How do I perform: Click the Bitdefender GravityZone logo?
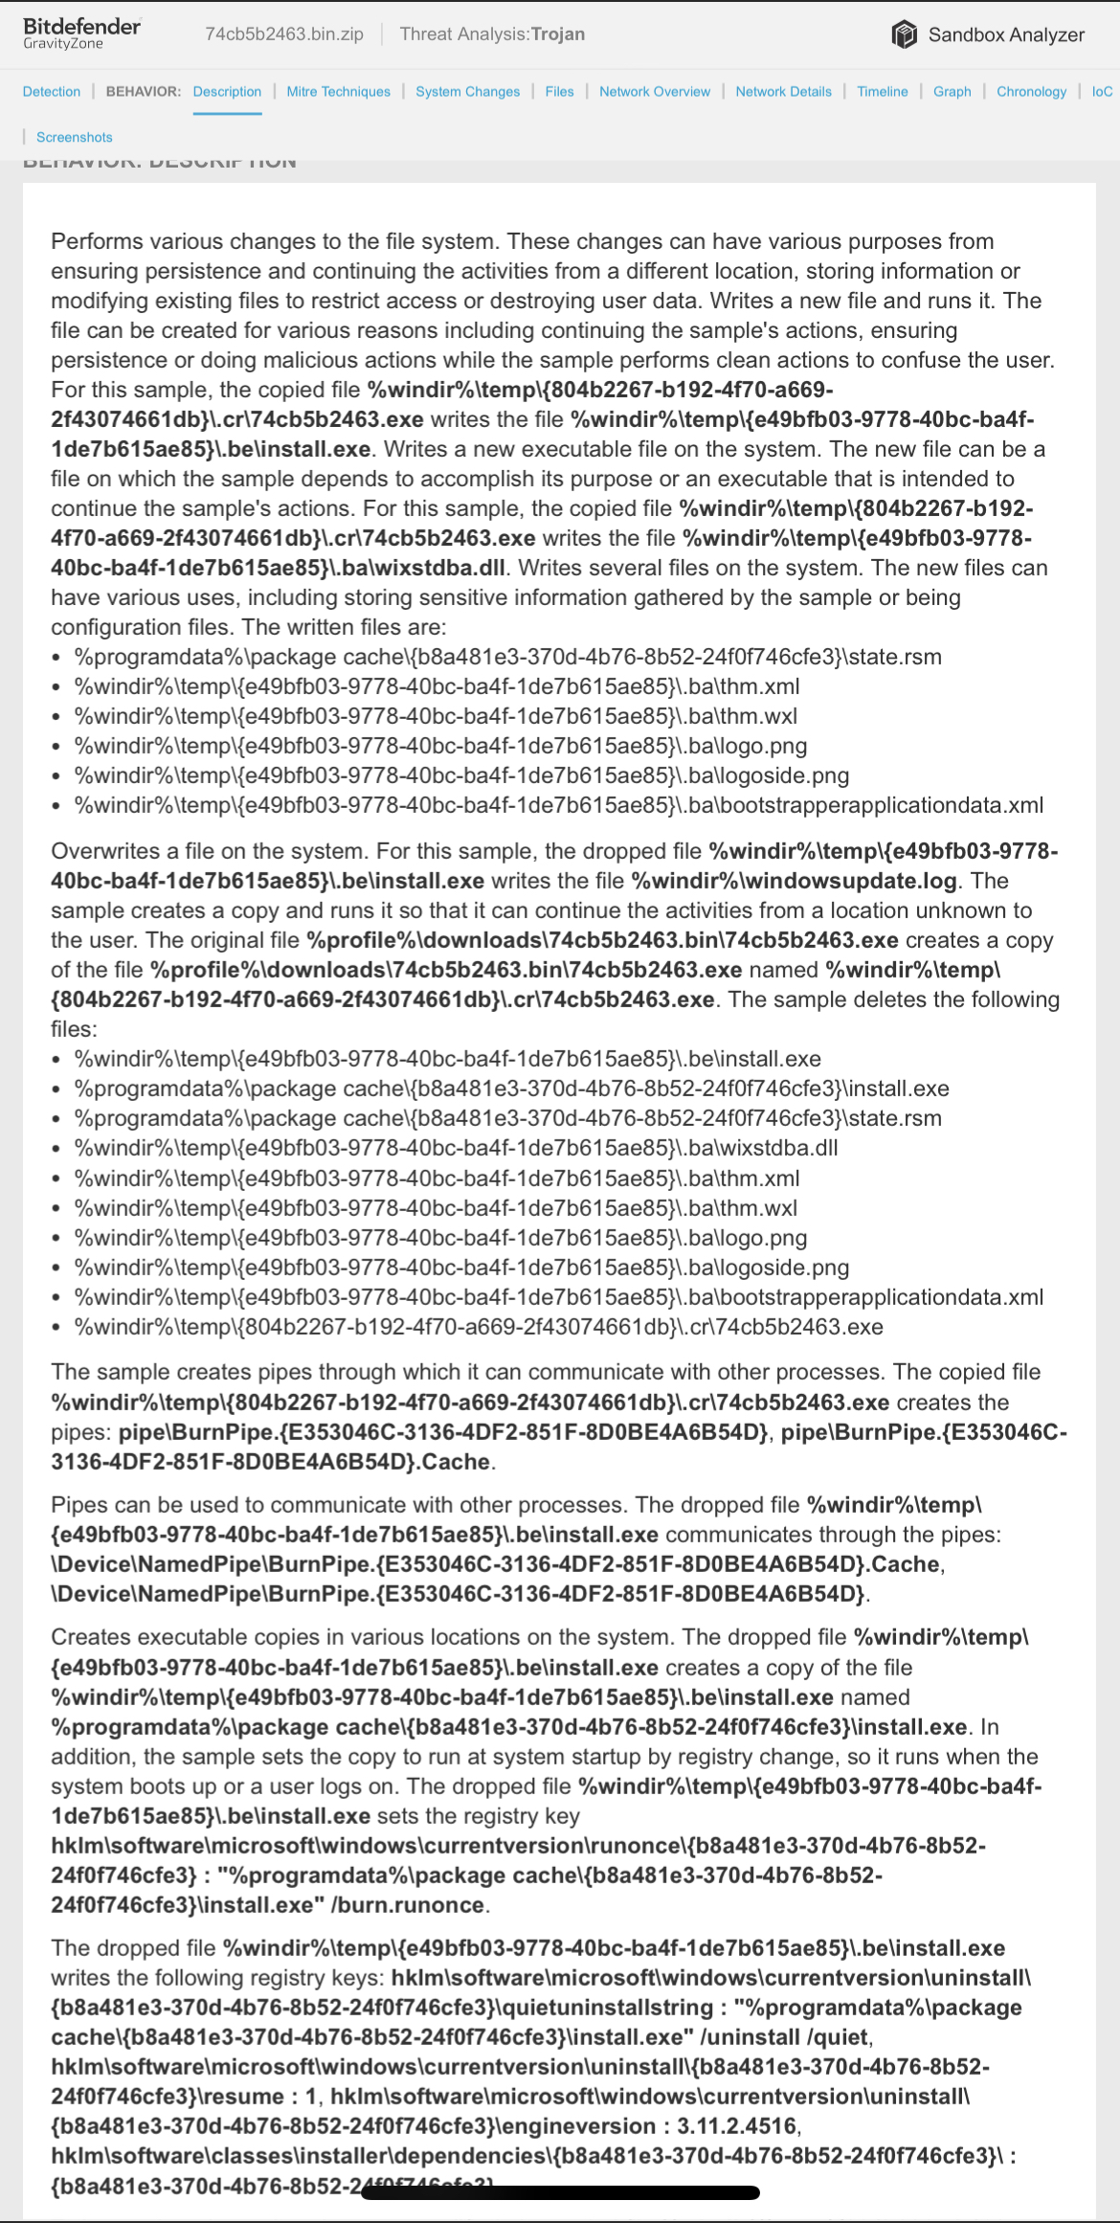pos(81,34)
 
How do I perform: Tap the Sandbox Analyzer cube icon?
pos(904,34)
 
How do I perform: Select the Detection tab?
pos(52,92)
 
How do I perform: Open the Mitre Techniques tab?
pos(338,92)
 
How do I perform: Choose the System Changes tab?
pos(467,92)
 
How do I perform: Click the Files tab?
pos(559,92)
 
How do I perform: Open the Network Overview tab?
pos(655,92)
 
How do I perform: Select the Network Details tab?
pos(783,92)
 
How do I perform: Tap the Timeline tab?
pos(882,92)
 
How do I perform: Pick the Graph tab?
pos(952,92)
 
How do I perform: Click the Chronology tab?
pos(1031,92)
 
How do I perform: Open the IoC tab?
pos(1102,92)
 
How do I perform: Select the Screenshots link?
pos(74,137)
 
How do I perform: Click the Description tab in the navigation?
pos(227,92)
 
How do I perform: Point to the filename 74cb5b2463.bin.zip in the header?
pos(284,34)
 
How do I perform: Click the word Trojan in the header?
pos(558,34)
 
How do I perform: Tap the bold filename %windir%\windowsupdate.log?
pos(794,881)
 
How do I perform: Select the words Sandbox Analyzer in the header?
pos(1006,34)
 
